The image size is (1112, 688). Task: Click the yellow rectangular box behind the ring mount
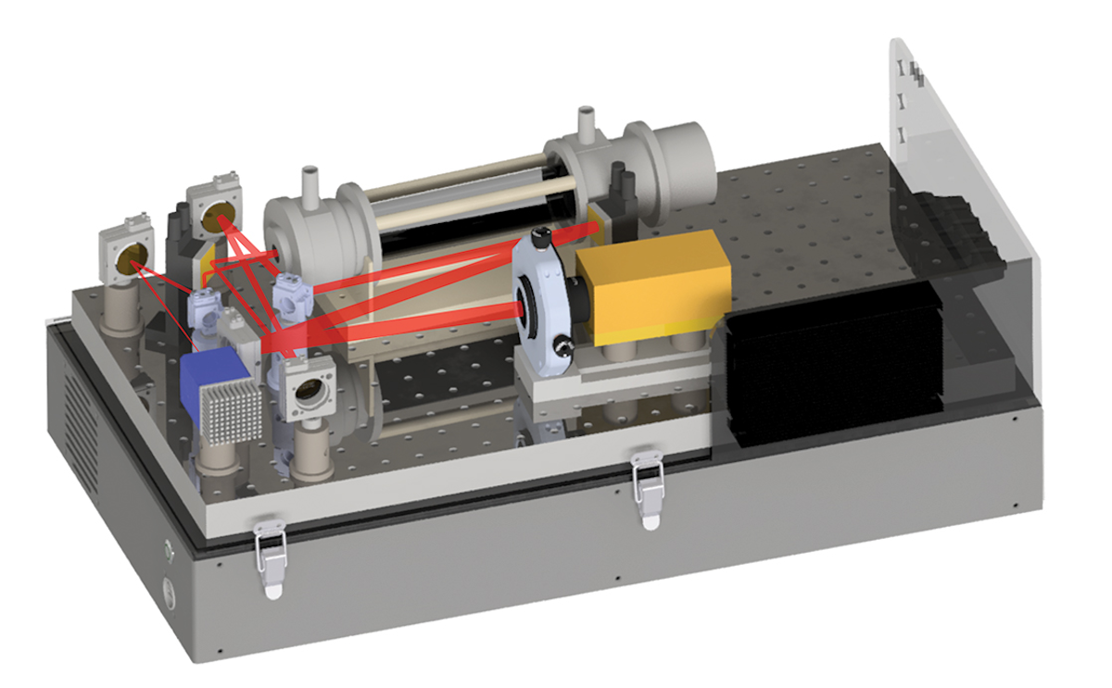click(653, 282)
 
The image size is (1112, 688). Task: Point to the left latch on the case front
click(271, 557)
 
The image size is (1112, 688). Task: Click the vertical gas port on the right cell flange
click(585, 123)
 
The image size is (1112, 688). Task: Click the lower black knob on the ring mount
click(559, 350)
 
